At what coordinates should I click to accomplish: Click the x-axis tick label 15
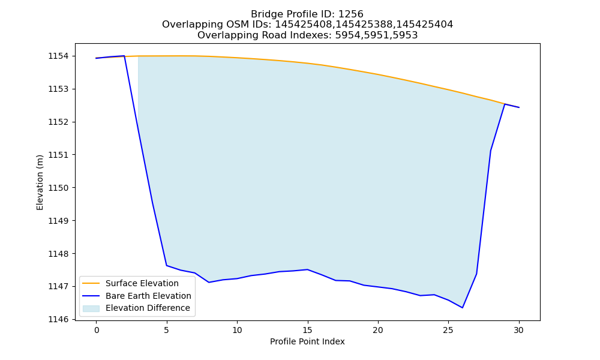[307, 330]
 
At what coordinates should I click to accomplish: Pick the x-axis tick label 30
[518, 330]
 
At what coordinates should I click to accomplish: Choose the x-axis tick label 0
[96, 330]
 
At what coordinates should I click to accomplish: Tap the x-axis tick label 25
[448, 330]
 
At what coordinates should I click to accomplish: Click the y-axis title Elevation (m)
[40, 182]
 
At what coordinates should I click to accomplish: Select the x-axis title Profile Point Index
[307, 341]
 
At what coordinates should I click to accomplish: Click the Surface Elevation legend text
[142, 283]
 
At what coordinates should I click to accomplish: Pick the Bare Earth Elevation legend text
[148, 296]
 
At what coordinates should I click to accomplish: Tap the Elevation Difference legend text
[148, 308]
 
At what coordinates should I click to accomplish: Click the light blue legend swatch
[91, 308]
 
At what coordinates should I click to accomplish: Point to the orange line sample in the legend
[91, 283]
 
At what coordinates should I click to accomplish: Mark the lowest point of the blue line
[462, 308]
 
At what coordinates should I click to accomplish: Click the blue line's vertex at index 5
[166, 266]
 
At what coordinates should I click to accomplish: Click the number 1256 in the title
[351, 14]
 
